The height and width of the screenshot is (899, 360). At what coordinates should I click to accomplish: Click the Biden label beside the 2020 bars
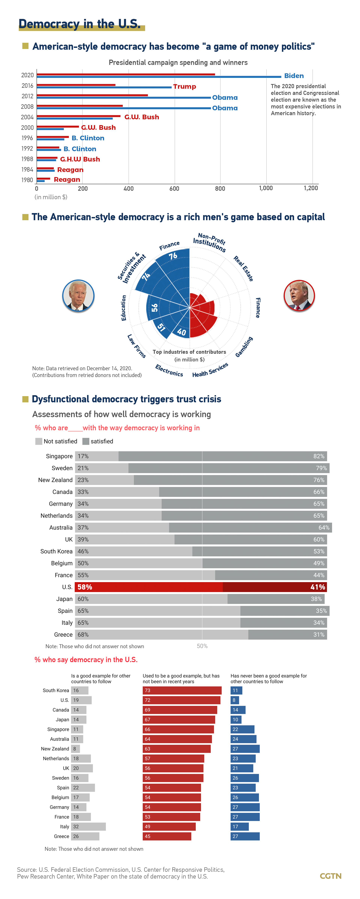click(294, 76)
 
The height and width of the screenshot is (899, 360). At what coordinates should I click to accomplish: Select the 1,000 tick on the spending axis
click(266, 188)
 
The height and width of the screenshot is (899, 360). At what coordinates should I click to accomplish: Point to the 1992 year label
click(27, 148)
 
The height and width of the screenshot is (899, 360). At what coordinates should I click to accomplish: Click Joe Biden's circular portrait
click(78, 296)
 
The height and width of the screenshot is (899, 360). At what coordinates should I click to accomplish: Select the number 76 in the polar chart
click(173, 256)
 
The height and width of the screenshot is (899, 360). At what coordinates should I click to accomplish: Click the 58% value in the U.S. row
click(85, 587)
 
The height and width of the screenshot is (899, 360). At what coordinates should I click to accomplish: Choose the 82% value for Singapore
click(319, 456)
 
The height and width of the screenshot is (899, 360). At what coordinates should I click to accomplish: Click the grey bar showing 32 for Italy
click(88, 826)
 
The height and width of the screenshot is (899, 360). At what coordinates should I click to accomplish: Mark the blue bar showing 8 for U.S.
click(234, 700)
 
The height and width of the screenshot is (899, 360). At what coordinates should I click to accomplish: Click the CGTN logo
click(330, 876)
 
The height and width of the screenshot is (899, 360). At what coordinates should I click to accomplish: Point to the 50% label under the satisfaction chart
click(202, 646)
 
